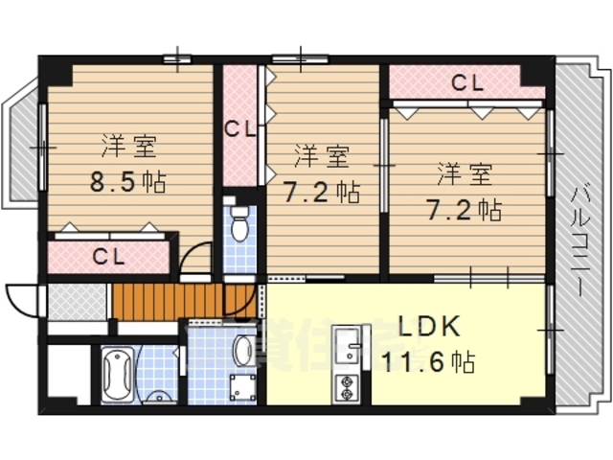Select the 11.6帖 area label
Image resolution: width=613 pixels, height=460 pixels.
coord(428,363)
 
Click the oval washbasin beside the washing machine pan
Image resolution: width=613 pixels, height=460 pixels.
coord(243,350)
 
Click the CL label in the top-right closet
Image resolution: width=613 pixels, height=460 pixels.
coord(465,82)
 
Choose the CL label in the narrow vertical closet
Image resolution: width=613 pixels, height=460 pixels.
coord(238,127)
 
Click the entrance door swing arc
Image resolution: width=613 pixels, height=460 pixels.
coord(21,299)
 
